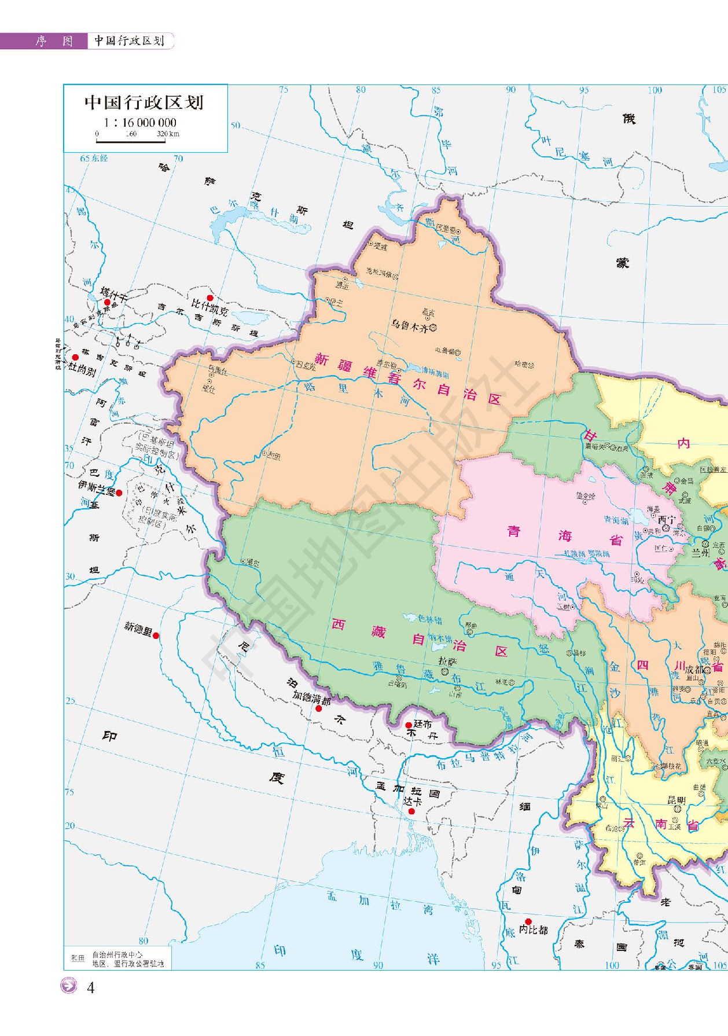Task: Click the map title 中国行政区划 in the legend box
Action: (x=144, y=103)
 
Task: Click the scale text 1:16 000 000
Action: (x=140, y=123)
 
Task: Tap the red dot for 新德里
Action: (x=156, y=635)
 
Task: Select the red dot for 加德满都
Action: (x=318, y=708)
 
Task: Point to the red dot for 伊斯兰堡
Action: (x=119, y=493)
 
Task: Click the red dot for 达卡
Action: (x=411, y=811)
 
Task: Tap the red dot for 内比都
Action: (x=528, y=921)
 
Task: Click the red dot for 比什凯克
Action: (x=210, y=298)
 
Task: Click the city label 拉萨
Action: (x=447, y=661)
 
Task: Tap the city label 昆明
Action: (x=676, y=800)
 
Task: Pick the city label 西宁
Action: (x=666, y=520)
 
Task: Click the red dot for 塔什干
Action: (x=107, y=302)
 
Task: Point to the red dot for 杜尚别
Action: (x=75, y=358)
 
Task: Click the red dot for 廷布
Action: (x=409, y=725)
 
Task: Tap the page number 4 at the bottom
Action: (x=90, y=987)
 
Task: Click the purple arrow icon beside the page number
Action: (x=69, y=986)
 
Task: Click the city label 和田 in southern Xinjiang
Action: (x=273, y=456)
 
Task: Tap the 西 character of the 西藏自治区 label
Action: (x=338, y=624)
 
